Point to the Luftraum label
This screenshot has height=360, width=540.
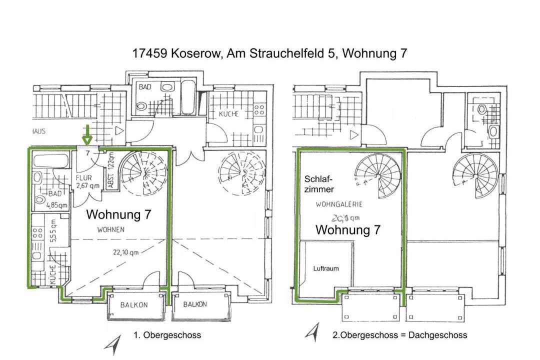coord(326,268)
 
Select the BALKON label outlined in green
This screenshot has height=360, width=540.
coord(134,305)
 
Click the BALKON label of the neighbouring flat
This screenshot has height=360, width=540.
coord(195,304)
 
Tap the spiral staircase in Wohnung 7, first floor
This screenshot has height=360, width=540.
coord(143,173)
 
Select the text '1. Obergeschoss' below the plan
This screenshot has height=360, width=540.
coord(167,335)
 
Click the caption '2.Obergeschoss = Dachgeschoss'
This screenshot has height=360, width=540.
coord(400,335)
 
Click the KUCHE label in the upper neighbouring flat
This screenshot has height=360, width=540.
coord(228,114)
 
